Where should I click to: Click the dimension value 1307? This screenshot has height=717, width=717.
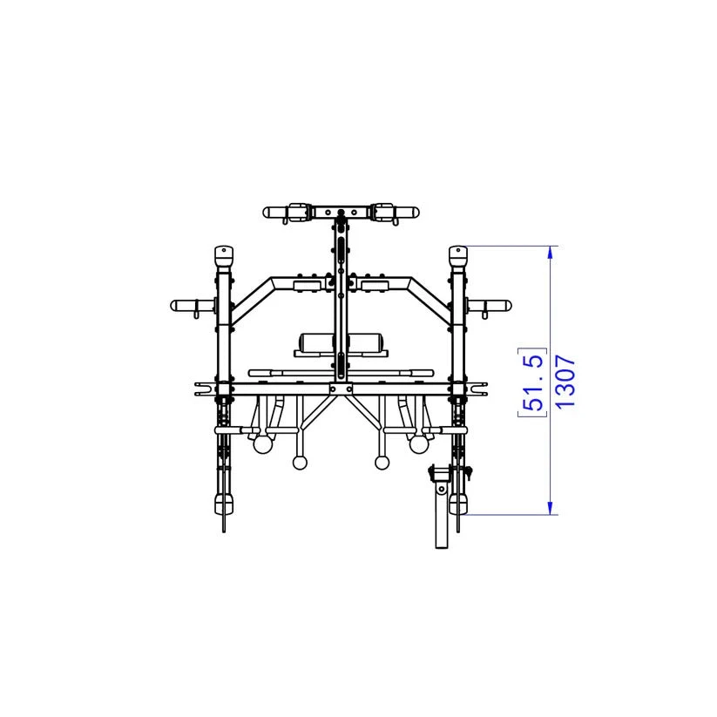[565, 382]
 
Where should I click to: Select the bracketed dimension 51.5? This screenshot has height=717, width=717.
[532, 382]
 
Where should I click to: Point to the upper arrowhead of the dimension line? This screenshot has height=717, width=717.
[550, 253]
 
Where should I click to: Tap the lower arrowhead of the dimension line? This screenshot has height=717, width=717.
[550, 508]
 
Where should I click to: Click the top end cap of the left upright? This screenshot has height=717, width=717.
[224, 258]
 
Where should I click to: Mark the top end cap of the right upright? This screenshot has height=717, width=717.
[457, 258]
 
